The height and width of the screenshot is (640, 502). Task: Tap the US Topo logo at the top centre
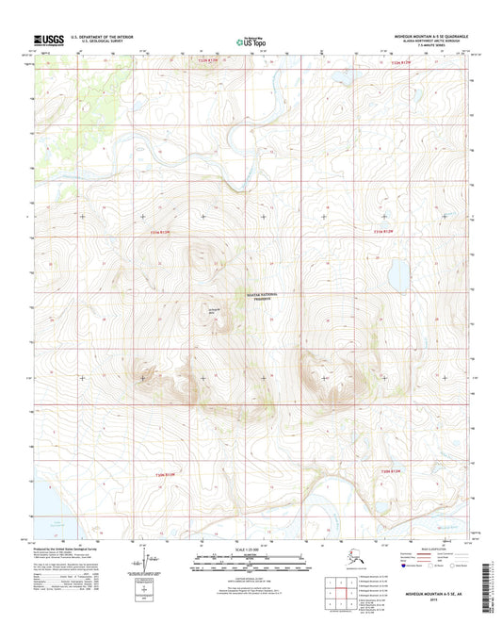click(x=247, y=41)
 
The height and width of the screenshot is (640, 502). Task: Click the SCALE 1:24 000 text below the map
click(x=251, y=550)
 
